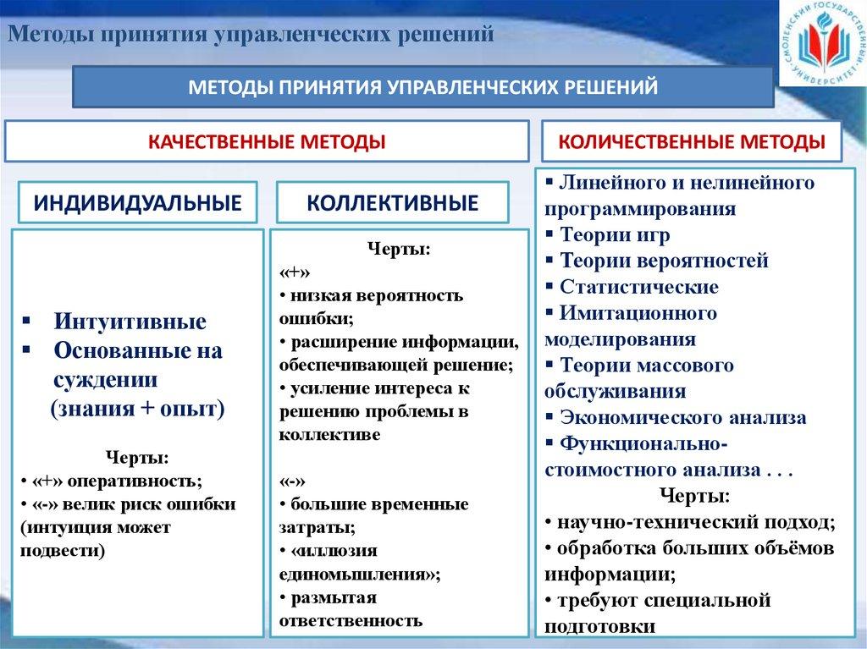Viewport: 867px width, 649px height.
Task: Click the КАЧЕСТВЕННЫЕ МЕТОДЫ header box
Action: (x=268, y=141)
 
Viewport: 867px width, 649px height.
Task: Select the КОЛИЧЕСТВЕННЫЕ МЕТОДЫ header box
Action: (x=692, y=141)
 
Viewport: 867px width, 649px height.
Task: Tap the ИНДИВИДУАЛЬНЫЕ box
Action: (x=137, y=203)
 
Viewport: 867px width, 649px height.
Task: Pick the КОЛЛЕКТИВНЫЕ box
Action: (x=392, y=203)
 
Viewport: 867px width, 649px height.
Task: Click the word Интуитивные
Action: (x=130, y=322)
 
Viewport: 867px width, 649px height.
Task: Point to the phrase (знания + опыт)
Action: (x=137, y=409)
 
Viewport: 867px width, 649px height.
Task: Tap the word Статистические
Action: (x=638, y=287)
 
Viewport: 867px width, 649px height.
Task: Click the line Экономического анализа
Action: (x=682, y=417)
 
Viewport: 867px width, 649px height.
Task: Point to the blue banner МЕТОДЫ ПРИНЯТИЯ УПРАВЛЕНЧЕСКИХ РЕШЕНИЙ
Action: (x=422, y=87)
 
